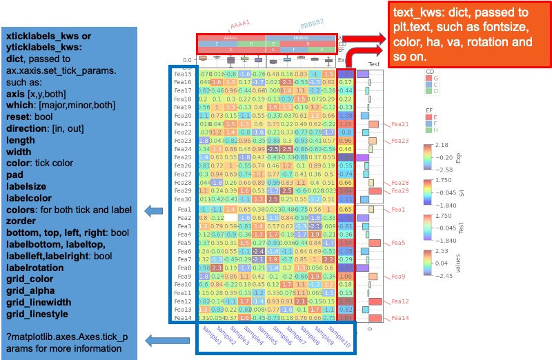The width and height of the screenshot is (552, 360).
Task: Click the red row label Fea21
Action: point(400,125)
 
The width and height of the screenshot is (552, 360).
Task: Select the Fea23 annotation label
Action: point(400,141)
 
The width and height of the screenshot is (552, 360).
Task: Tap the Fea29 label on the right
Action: point(400,191)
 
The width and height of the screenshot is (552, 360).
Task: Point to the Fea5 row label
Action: point(399,243)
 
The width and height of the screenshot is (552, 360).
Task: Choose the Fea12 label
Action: point(400,302)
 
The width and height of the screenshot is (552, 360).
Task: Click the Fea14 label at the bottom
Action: point(400,319)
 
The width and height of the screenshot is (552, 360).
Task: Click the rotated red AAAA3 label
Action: point(239,25)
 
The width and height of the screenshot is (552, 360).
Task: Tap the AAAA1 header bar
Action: point(230,37)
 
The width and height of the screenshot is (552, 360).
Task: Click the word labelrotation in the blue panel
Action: point(35,268)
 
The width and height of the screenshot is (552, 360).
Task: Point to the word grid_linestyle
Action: point(37,314)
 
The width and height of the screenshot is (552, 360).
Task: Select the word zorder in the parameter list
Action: point(21,221)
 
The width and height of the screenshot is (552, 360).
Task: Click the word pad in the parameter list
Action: point(14,175)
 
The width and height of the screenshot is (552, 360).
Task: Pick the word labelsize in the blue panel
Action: point(26,187)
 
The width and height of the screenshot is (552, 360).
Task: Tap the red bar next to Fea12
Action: point(375,302)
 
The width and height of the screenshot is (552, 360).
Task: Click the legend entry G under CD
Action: point(435,78)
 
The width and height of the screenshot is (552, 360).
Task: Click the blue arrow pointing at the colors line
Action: point(153,211)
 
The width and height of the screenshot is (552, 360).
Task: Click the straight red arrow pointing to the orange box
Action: point(359,39)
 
